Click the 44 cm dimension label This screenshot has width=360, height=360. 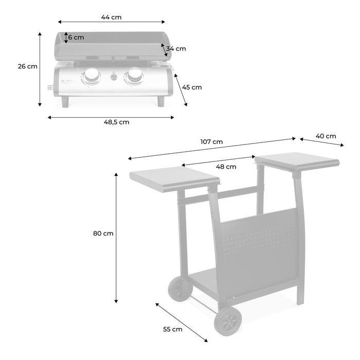(x=111, y=17)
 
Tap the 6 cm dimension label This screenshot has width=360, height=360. (x=76, y=38)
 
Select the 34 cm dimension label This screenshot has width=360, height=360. (x=176, y=49)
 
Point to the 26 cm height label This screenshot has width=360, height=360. (x=27, y=66)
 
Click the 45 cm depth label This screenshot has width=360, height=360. (x=192, y=87)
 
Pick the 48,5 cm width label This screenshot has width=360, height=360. (x=117, y=122)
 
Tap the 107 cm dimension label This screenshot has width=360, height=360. (x=212, y=141)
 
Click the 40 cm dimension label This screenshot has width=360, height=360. (x=326, y=136)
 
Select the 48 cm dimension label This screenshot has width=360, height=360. (x=226, y=167)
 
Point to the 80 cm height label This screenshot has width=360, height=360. (x=103, y=233)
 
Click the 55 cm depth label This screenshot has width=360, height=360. (x=172, y=329)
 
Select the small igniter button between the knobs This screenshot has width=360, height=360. (x=114, y=78)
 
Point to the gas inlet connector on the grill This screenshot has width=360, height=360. (x=51, y=87)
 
